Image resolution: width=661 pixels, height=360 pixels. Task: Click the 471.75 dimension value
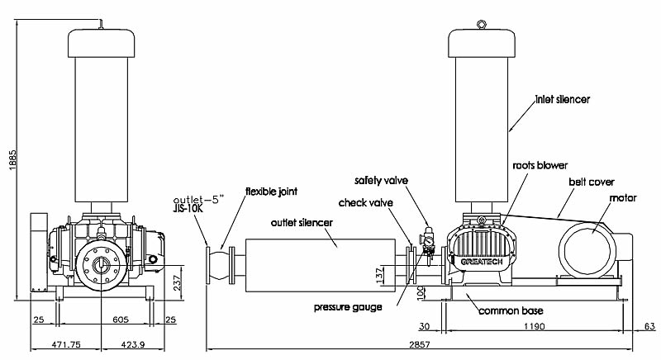coord(64,344)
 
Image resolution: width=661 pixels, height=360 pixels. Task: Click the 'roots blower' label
coord(539,165)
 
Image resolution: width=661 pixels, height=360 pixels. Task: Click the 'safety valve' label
coord(382,180)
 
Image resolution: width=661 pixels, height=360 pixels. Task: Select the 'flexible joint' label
coord(271,192)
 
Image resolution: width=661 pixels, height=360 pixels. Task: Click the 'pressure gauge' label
coord(348,308)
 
